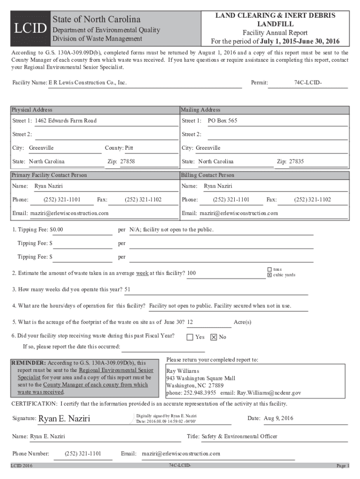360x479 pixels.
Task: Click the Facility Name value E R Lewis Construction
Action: [x=87, y=83]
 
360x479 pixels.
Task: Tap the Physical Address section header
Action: [x=32, y=110]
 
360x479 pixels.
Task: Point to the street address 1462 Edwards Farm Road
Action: [x=66, y=121]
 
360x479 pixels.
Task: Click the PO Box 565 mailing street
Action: [x=223, y=121]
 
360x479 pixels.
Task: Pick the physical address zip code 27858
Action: [x=128, y=161]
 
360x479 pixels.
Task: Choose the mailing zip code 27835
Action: [x=296, y=161]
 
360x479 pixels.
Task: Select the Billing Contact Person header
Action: [x=208, y=175]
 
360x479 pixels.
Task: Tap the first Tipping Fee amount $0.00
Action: [x=57, y=230]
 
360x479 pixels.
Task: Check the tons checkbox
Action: [x=269, y=269]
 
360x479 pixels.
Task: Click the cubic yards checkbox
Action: [x=269, y=275]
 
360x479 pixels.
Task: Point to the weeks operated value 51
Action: [x=128, y=289]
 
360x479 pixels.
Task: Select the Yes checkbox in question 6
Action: [x=190, y=337]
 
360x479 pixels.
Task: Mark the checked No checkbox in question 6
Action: [x=214, y=337]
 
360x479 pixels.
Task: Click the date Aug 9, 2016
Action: [x=279, y=418]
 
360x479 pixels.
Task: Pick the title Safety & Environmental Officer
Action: [x=239, y=436]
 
